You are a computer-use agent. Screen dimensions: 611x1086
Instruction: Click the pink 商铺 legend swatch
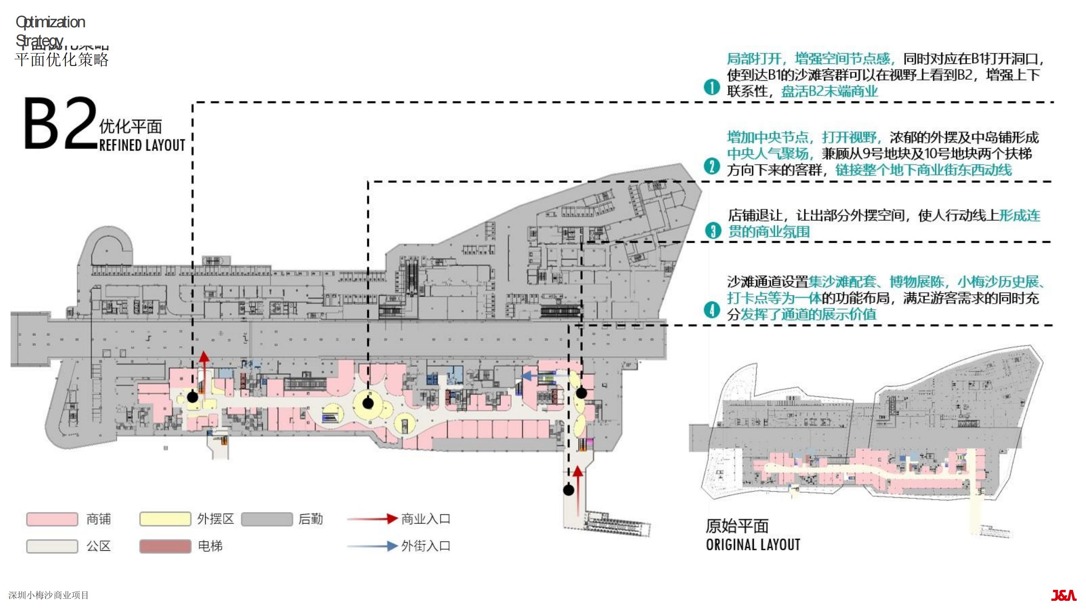click(52, 519)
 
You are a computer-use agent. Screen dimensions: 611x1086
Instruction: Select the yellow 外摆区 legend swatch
click(165, 519)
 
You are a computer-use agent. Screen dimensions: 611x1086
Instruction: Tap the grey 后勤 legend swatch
click(266, 519)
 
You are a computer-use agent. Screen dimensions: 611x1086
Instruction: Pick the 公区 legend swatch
click(52, 546)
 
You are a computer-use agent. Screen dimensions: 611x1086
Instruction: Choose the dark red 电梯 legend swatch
click(165, 546)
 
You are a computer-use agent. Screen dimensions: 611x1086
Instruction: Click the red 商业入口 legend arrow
click(372, 519)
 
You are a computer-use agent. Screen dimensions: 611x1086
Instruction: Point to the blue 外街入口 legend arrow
click(372, 546)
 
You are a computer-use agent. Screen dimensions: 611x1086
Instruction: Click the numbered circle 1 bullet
click(712, 87)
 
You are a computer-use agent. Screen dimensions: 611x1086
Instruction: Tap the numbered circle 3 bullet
click(713, 231)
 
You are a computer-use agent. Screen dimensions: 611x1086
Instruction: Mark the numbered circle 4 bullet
click(712, 310)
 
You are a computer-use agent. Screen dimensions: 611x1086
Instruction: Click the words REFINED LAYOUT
click(142, 145)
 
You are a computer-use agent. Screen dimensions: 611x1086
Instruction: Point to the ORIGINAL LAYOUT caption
click(753, 545)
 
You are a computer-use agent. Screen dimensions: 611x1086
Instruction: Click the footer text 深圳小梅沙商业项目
click(48, 595)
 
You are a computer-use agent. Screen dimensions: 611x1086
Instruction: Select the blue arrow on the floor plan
click(532, 376)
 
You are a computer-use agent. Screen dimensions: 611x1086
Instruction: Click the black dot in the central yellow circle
click(368, 404)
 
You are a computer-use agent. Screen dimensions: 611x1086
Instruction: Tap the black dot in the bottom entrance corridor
click(569, 490)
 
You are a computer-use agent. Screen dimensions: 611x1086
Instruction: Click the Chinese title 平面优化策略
click(61, 59)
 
